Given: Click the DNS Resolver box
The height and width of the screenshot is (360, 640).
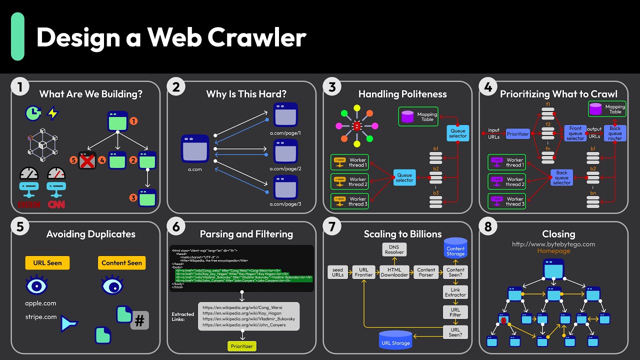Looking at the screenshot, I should tap(394, 249).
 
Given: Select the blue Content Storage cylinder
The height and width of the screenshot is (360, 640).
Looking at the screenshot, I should tap(455, 248).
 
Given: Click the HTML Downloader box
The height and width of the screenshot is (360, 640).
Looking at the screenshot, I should tap(394, 272).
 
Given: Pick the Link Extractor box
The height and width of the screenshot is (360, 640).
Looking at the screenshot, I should tap(455, 292).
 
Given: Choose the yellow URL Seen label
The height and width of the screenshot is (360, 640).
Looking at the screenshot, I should tap(47, 263).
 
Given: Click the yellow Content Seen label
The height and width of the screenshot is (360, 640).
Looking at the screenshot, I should tap(121, 263).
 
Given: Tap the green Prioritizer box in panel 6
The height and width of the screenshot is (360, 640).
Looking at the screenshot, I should tap(241, 346).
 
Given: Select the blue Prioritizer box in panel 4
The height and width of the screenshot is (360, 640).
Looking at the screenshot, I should tap(517, 134).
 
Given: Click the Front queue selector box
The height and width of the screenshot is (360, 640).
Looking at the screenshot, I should tap(575, 133).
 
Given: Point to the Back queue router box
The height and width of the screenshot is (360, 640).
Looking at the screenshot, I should tap(614, 133).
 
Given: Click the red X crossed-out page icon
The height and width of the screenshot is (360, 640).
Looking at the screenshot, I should tap(87, 161).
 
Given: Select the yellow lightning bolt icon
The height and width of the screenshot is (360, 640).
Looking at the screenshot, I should tap(52, 113).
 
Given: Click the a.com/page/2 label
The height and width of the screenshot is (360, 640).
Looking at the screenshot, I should tap(285, 169).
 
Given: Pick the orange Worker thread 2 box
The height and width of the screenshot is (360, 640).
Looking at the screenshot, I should tap(349, 182).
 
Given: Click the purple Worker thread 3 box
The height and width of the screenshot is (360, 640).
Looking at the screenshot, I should tap(507, 201).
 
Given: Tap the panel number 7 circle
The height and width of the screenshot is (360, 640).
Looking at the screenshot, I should tap(331, 227).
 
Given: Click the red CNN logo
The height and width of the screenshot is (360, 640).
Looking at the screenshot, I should tap(56, 204).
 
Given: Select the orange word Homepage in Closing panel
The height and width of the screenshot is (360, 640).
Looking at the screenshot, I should tap(553, 251).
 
